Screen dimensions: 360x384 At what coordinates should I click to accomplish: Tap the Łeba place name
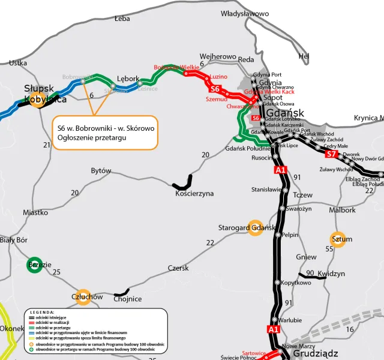pos(122,19)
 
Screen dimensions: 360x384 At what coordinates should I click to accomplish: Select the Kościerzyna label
pos(194,194)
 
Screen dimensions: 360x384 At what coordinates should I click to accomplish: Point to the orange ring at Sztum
pos(337,239)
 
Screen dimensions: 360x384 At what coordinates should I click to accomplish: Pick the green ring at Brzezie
pos(34,265)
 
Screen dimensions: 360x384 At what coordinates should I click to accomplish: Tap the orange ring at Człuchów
pos(83,297)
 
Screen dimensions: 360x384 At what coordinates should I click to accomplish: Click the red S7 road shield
pos(331,154)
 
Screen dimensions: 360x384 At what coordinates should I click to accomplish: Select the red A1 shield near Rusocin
pos(280,170)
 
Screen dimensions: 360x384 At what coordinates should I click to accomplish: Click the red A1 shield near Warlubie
pos(274,329)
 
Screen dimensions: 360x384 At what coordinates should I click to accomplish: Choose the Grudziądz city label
pos(316,353)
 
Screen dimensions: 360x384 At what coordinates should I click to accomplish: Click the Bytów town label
pos(101,171)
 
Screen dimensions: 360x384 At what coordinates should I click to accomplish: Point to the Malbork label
pos(342,210)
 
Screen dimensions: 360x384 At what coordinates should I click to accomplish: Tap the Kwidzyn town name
pos(331,274)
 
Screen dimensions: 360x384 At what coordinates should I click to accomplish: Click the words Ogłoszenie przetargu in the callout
pos(93,138)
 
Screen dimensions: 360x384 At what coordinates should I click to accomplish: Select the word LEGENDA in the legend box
pos(42,313)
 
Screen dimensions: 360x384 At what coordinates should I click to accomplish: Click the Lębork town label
pos(128,79)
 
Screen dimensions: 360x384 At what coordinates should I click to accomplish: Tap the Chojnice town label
pos(127,299)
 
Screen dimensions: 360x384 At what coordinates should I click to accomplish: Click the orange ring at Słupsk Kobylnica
pos(38,100)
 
